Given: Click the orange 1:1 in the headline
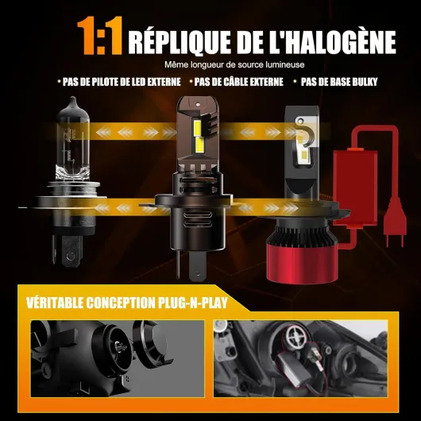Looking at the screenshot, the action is point(100,36).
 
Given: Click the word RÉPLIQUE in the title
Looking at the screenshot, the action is point(180,42).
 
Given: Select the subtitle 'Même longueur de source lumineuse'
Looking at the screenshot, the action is point(234,64).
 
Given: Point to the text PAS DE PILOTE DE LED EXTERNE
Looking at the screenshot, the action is point(122,82).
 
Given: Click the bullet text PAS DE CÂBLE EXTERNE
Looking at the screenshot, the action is point(238,82).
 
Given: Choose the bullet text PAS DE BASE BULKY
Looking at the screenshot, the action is point(339,82).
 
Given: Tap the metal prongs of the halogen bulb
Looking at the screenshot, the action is point(68,250).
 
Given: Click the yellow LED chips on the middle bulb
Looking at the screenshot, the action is point(198,136).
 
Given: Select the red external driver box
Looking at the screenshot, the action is point(355,188).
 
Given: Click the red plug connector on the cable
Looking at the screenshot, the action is point(395,223).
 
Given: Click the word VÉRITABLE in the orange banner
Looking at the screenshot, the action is point(55,303).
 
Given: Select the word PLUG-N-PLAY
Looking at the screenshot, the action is point(193,303).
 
